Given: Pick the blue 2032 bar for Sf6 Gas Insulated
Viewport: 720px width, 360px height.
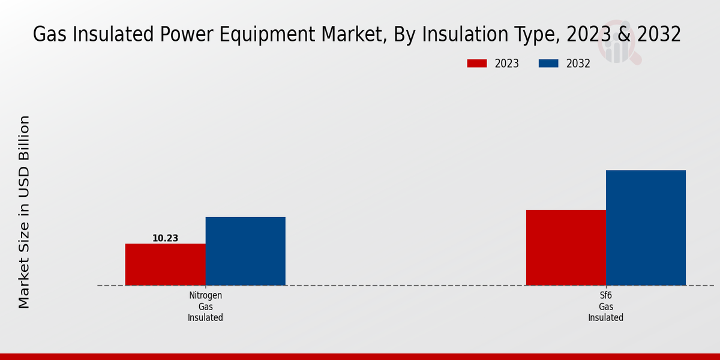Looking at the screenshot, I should point(646,227).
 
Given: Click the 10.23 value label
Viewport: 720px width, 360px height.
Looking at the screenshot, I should point(165,238).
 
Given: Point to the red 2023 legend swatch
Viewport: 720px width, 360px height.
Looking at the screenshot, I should point(477,64).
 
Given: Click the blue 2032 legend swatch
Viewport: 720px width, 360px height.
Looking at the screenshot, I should point(548,64).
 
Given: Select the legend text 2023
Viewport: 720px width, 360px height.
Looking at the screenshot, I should point(506,64).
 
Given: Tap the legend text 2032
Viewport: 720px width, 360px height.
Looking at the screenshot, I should point(578,64).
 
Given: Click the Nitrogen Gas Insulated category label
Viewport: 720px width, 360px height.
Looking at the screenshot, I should point(205,307).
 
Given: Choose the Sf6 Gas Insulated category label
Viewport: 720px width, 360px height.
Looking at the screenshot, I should point(605,307).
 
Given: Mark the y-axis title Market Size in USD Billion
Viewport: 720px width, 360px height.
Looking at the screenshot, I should point(24,212).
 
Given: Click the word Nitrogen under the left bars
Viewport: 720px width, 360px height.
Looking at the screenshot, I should point(205,295).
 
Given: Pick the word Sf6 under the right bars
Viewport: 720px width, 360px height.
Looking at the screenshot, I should point(605,295).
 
